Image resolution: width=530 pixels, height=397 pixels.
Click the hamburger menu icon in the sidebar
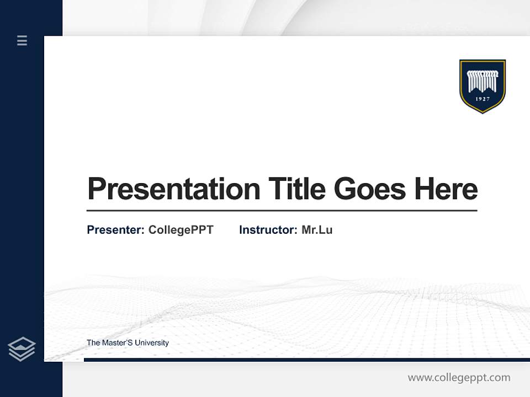[22, 40]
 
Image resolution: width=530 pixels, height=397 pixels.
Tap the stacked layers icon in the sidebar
[22, 349]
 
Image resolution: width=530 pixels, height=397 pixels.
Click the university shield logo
[483, 86]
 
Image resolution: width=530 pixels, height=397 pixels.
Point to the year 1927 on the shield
[483, 100]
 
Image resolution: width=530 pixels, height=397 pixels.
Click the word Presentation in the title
[173, 189]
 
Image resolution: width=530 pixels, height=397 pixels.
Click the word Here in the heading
[446, 189]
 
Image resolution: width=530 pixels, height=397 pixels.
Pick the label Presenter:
[115, 230]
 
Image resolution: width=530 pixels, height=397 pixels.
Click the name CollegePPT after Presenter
[181, 230]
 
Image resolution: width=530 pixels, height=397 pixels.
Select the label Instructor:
[268, 230]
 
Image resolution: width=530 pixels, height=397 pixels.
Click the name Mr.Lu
[317, 230]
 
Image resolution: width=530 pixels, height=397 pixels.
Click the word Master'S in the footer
[117, 343]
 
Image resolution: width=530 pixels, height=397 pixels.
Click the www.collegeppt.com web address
[459, 378]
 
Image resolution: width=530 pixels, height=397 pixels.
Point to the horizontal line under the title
[282, 210]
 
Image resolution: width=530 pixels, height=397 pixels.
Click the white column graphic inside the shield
[483, 81]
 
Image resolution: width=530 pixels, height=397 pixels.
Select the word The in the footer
[93, 343]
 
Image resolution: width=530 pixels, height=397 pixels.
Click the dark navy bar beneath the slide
[306, 360]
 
